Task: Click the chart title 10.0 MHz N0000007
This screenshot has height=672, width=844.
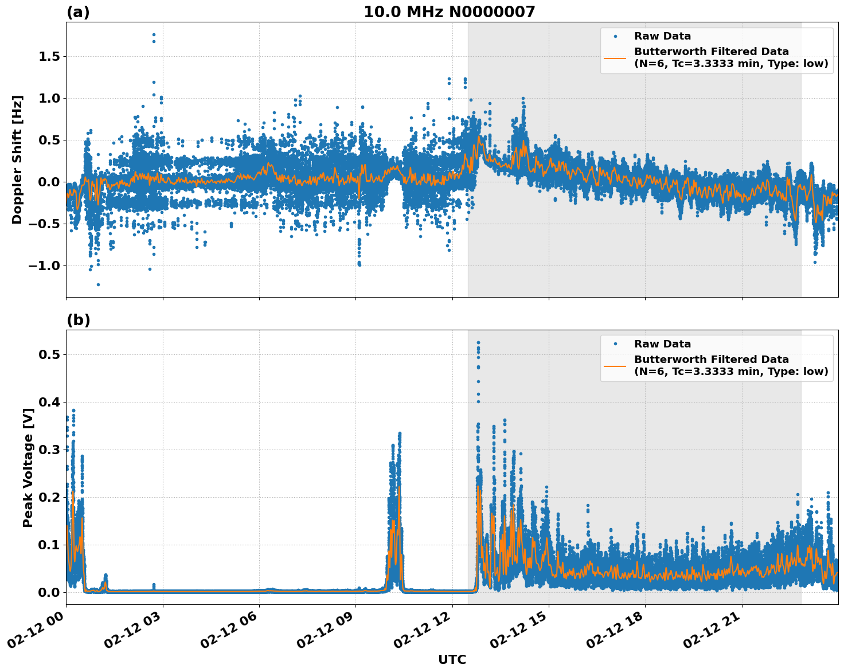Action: [449, 12]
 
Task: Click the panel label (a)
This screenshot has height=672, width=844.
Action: [78, 12]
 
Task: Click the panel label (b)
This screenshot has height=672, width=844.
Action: [78, 320]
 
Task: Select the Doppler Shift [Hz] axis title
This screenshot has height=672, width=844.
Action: [17, 159]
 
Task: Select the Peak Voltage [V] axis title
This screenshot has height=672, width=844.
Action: [28, 467]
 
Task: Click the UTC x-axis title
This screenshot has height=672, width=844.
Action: [452, 659]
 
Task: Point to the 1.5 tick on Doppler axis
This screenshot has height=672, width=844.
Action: [50, 56]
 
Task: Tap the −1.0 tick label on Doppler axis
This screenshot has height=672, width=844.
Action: [45, 265]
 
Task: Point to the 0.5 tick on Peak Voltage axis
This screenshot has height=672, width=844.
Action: [50, 354]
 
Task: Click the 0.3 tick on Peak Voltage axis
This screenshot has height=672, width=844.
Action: [50, 450]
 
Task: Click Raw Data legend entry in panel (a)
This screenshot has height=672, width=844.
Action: [662, 36]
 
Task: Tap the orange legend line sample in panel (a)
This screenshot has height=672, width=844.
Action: [615, 57]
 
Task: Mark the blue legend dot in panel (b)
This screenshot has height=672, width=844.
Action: [615, 344]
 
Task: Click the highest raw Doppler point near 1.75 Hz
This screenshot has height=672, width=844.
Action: [154, 34]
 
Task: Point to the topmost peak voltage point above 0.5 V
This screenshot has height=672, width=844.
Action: [478, 343]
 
